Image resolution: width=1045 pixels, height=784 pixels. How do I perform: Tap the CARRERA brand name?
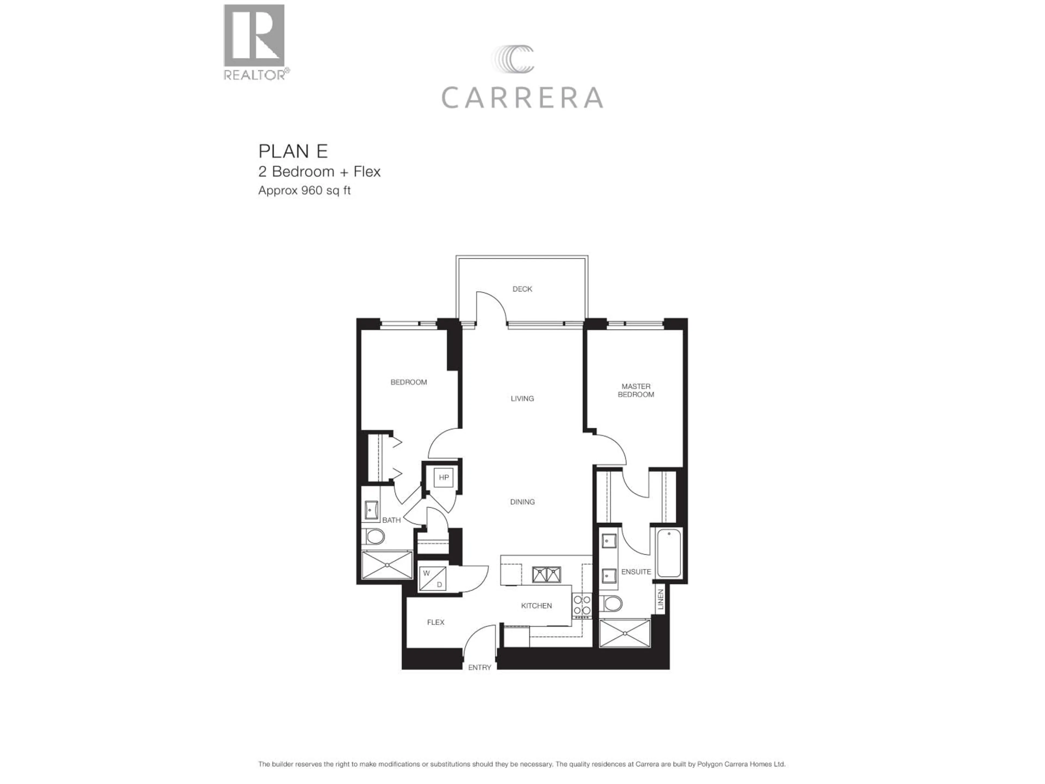point(522,98)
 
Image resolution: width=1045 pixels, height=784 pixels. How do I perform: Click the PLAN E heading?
point(293,151)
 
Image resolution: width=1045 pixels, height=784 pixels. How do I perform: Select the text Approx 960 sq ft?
point(304,191)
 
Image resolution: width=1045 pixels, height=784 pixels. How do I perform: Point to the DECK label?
point(522,289)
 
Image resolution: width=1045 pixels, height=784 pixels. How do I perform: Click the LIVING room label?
point(522,398)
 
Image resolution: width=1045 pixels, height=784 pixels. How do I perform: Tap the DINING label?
point(522,502)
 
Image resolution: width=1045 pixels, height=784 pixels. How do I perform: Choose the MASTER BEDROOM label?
point(636,390)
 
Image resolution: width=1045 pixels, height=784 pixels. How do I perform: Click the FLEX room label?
point(436,622)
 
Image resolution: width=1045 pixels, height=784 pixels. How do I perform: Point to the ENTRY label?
point(480,667)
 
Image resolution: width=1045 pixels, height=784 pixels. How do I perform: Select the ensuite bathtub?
point(669,553)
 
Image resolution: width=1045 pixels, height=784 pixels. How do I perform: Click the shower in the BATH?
point(387,564)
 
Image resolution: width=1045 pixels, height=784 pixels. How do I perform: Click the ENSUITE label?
point(636,572)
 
